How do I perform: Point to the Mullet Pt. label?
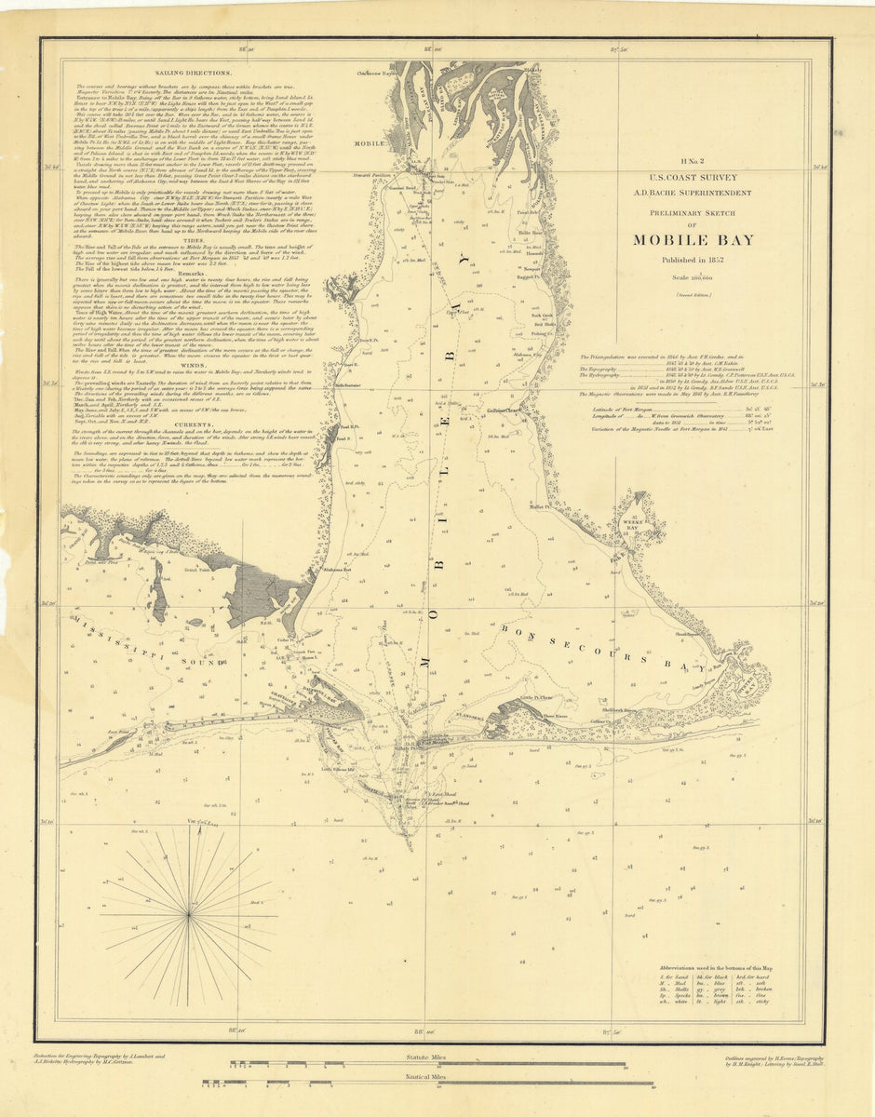pos(541,507)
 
